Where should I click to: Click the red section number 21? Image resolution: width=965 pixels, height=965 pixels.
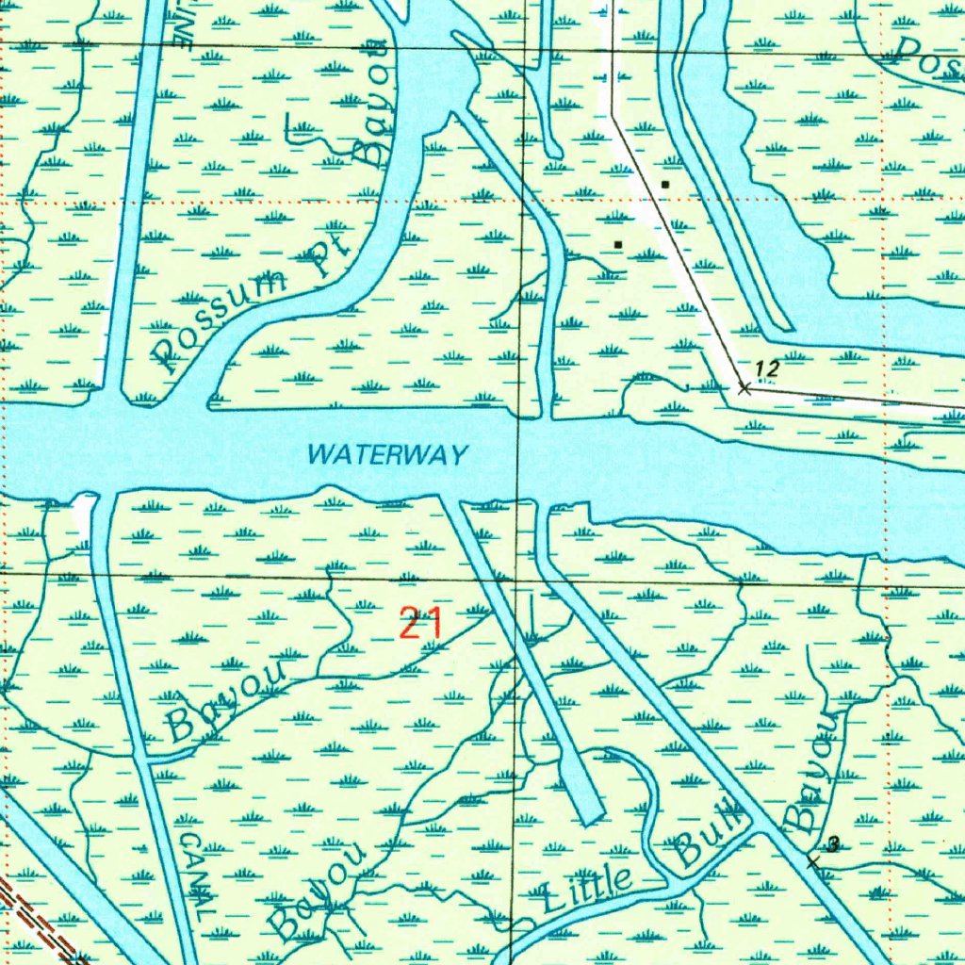point(420,624)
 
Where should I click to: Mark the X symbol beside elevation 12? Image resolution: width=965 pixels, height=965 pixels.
point(744,386)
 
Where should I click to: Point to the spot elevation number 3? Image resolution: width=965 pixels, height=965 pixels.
point(833,845)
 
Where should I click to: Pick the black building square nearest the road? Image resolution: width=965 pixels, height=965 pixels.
point(665,185)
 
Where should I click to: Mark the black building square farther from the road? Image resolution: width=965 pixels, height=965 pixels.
point(618,244)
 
